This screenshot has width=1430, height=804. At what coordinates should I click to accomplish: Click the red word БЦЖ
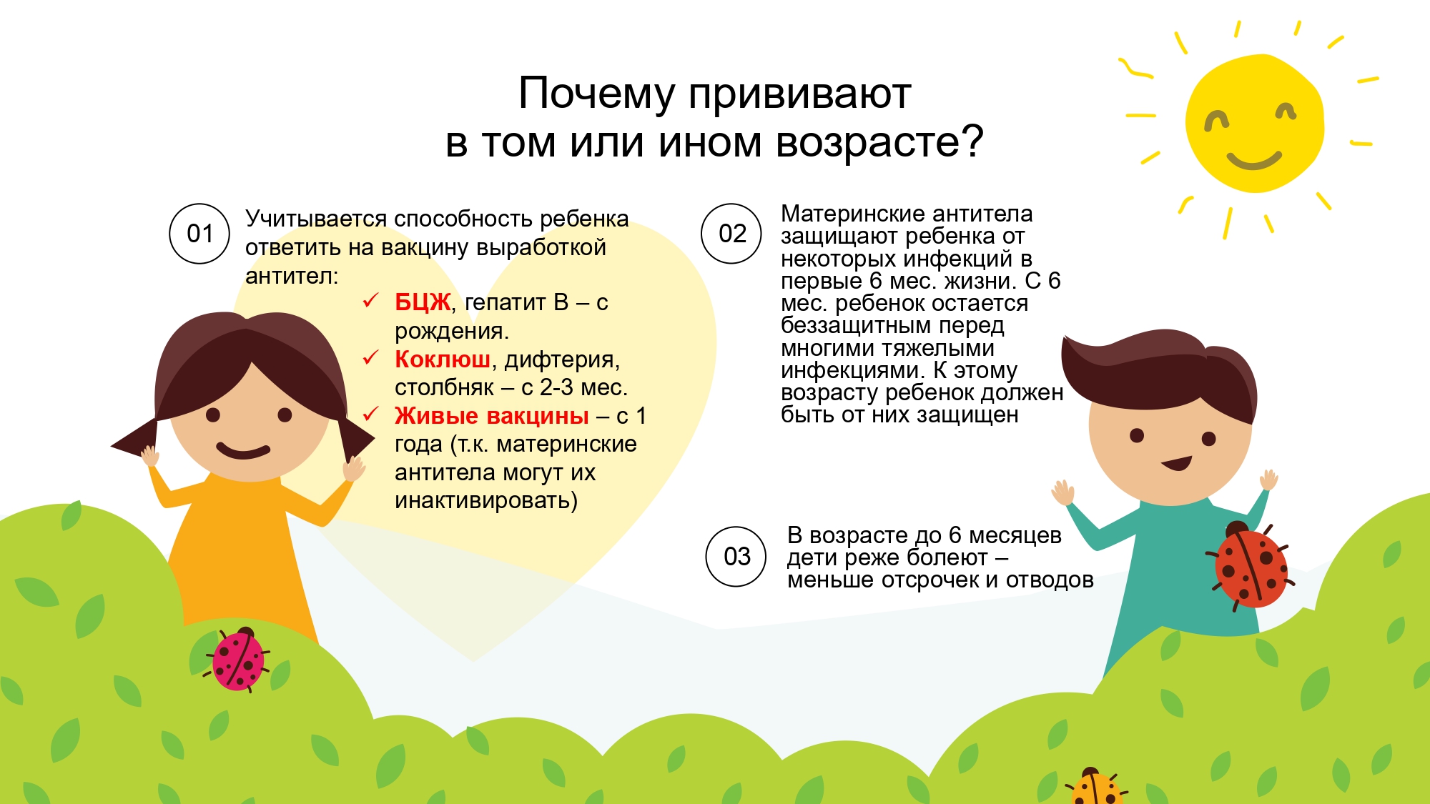click(x=423, y=302)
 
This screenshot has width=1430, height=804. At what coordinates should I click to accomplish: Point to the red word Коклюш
click(x=443, y=359)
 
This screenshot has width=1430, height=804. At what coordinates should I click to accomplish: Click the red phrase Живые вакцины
click(x=492, y=415)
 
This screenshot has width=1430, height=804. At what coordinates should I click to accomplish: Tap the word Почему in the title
click(x=596, y=94)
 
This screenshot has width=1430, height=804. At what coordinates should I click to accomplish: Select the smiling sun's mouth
click(x=1254, y=161)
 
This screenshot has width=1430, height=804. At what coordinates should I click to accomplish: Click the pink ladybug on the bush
click(x=237, y=658)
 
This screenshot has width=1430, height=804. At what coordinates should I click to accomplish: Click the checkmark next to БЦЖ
click(x=370, y=300)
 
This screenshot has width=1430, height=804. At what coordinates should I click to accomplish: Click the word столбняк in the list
click(x=444, y=388)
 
